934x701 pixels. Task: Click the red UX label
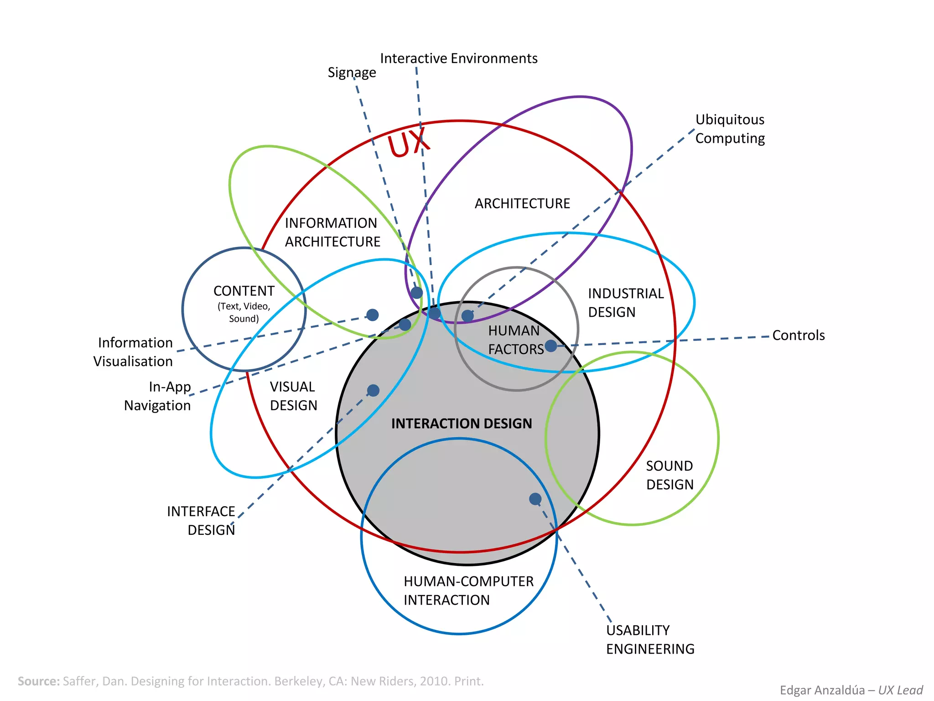tap(408, 142)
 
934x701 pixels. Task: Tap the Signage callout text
tap(352, 73)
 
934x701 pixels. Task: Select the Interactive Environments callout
tap(458, 58)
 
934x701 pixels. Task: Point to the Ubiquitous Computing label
tap(730, 129)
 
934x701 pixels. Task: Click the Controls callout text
tap(798, 335)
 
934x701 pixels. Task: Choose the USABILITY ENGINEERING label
tap(650, 639)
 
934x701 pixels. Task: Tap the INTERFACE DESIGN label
tap(201, 521)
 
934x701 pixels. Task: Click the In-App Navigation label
tap(158, 396)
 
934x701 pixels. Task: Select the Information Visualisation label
tap(134, 352)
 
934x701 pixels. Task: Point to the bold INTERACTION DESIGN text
tap(462, 424)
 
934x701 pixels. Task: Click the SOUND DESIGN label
tap(669, 475)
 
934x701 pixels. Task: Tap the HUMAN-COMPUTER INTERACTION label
tap(468, 591)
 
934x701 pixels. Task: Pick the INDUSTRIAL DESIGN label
tap(626, 303)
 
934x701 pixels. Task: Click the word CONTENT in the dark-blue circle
tap(244, 291)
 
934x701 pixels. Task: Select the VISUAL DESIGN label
tap(293, 396)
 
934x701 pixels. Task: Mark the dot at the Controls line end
tap(551, 346)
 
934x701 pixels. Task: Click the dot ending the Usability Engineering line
tap(535, 499)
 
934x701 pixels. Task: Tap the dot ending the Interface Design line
tap(373, 391)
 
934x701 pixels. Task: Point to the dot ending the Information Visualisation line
tap(373, 315)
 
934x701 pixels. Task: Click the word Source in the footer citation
tap(39, 681)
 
